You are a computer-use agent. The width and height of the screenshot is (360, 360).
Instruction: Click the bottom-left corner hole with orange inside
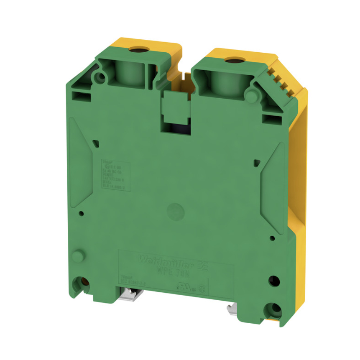pyautogui.click(x=82, y=283)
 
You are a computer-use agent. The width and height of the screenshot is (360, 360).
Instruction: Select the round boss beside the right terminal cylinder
pyautogui.click(x=251, y=96)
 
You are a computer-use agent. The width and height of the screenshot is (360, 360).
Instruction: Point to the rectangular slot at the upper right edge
pyautogui.click(x=268, y=119)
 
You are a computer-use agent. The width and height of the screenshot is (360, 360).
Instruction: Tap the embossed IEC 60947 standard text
pyautogui.click(x=134, y=282)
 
